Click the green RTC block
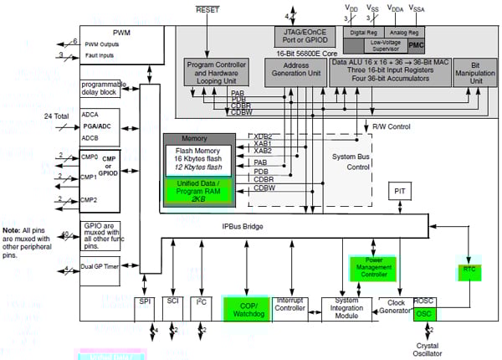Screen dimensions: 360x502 point(469,269)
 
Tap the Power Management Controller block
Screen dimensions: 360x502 point(369,268)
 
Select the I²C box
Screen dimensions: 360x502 point(202,306)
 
